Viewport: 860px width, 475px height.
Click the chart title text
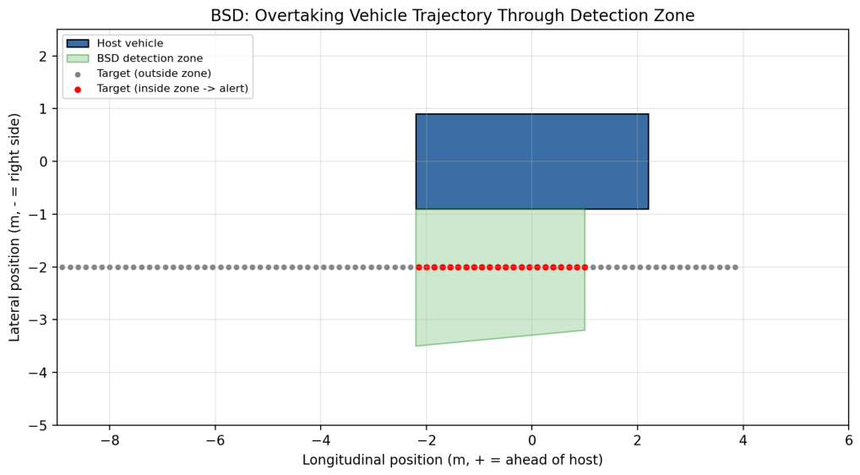pos(453,15)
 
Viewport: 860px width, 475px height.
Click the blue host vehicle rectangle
pos(532,161)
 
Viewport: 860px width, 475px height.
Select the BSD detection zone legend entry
pos(134,58)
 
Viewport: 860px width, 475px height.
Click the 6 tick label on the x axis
pos(848,440)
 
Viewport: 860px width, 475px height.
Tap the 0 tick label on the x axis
pos(532,440)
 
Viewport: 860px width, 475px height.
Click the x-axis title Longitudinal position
pos(453,460)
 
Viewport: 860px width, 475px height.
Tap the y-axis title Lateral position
pos(15,227)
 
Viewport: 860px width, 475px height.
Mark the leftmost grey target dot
pos(62,267)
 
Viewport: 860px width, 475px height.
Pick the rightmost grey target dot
pos(736,267)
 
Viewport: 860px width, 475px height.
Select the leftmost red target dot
pos(419,267)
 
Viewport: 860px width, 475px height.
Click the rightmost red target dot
pos(585,267)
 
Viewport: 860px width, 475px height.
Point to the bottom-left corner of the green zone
pos(416,346)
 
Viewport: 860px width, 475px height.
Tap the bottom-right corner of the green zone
pos(585,330)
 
